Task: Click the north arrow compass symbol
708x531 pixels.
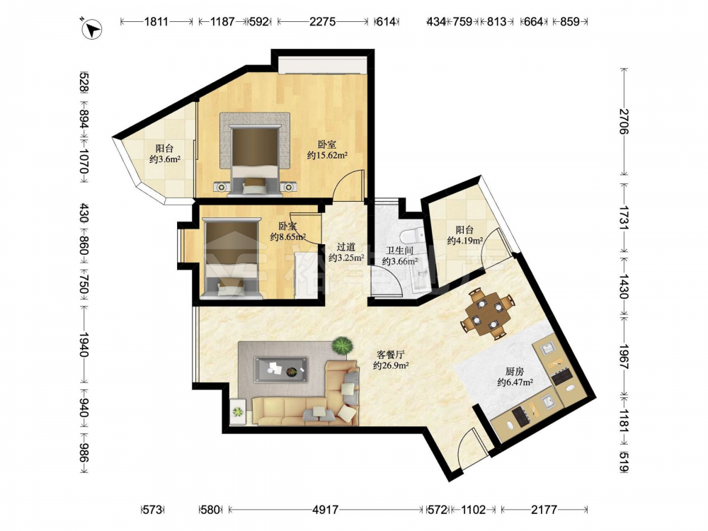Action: click(92, 29)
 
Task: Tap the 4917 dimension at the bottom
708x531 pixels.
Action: click(325, 510)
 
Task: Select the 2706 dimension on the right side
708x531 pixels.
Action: click(624, 121)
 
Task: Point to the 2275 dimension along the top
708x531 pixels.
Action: click(322, 21)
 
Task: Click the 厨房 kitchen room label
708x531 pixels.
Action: click(514, 372)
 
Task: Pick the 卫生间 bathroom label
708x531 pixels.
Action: click(399, 251)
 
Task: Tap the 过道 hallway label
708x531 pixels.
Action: click(346, 247)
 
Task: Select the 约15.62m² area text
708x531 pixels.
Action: click(327, 156)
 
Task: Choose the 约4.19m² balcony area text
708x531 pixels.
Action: click(465, 241)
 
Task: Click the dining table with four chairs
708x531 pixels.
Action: click(487, 314)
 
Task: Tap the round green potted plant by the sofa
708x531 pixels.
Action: click(342, 346)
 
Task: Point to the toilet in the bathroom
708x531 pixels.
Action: click(411, 235)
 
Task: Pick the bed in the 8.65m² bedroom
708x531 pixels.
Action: click(232, 258)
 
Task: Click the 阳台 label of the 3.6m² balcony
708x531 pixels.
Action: click(164, 148)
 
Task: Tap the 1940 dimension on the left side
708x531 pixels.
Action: click(84, 345)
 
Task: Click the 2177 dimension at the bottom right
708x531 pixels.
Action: click(544, 510)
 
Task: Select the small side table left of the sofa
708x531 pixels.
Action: click(238, 411)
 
